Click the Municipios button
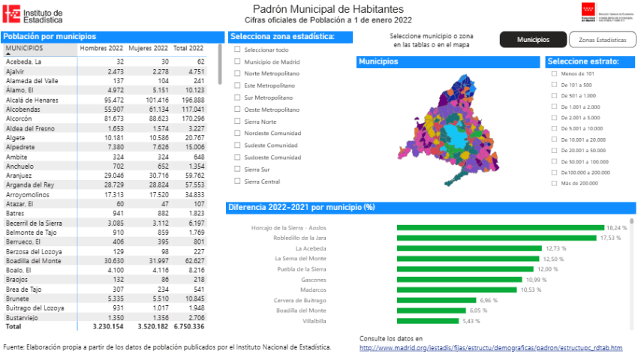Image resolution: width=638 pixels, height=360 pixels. tap(533, 40)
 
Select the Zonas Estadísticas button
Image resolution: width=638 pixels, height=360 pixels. tap(602, 40)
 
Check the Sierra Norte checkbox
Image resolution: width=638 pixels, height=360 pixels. tap(238, 121)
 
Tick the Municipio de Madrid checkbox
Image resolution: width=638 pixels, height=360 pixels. tap(238, 61)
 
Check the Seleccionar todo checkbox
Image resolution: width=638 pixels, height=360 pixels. tap(238, 49)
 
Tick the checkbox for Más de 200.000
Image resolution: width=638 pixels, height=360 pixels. tap(554, 183)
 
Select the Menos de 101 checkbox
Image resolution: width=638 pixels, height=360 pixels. tap(554, 73)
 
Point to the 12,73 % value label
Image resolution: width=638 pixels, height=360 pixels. tap(555, 248)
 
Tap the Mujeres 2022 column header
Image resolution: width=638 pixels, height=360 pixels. tap(147, 48)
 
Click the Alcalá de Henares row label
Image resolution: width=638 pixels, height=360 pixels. tap(30, 99)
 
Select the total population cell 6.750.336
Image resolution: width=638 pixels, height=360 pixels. tap(188, 327)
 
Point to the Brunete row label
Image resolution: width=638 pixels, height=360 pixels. tap(18, 298)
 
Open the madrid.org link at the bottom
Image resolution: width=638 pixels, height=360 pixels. tap(491, 347)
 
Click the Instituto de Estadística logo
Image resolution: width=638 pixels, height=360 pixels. tap(33, 15)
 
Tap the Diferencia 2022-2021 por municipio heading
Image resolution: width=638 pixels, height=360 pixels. tap(300, 207)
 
